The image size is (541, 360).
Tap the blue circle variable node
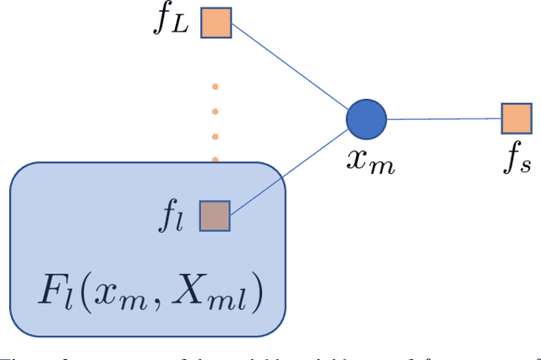coord(366,118)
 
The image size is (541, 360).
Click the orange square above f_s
coord(516,118)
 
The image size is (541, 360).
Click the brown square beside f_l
coord(215,215)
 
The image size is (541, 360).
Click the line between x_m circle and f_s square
coord(444,119)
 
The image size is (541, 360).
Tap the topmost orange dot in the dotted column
coord(215,85)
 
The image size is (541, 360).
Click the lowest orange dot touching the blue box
coord(215,159)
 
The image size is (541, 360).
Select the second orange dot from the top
coord(215,111)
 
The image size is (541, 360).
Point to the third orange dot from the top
coord(215,135)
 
